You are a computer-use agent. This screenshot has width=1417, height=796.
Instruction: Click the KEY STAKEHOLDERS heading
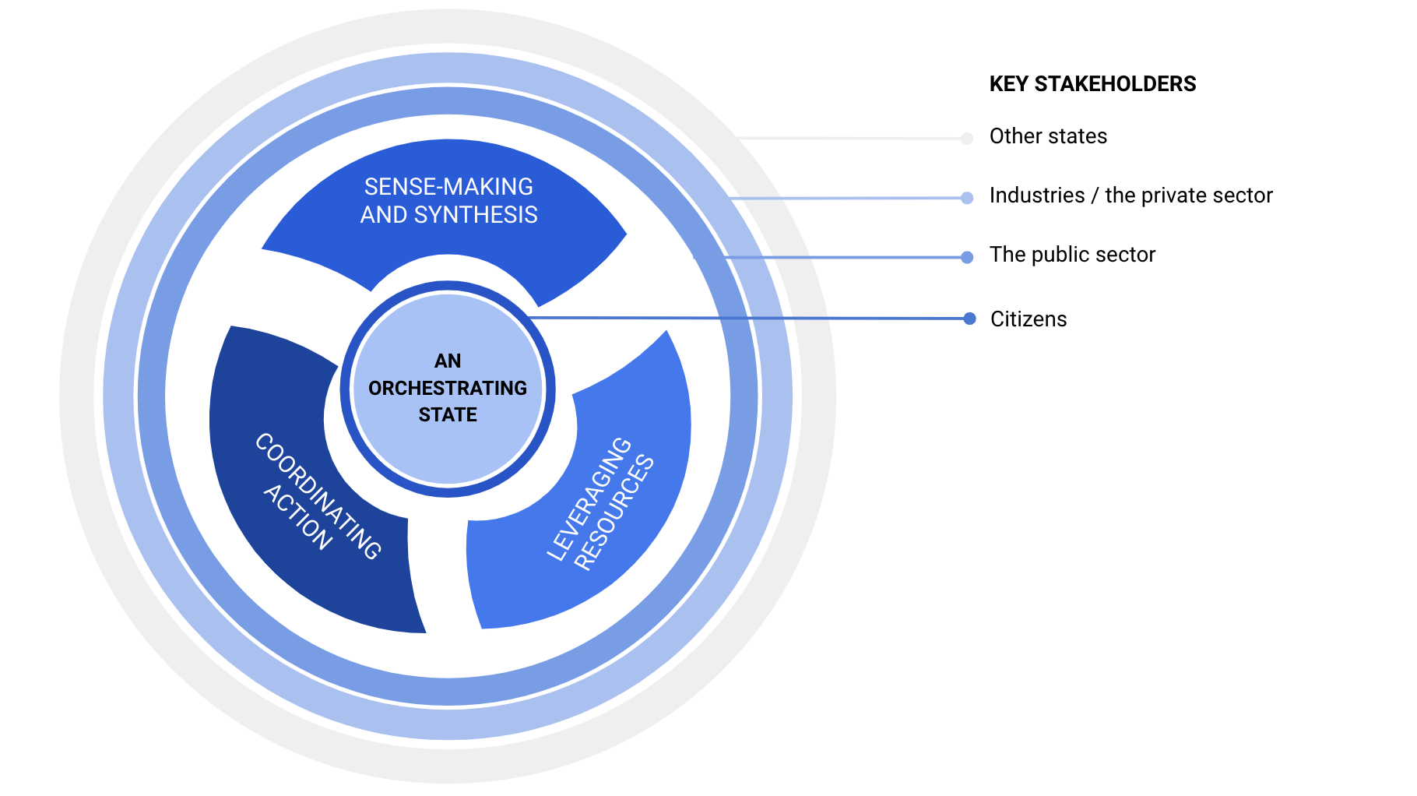click(x=1092, y=84)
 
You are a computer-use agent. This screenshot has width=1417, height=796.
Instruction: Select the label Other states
click(x=1048, y=136)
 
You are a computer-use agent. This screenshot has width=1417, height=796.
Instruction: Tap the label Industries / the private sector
click(x=1130, y=195)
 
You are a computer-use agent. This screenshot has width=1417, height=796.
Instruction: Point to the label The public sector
click(x=1072, y=255)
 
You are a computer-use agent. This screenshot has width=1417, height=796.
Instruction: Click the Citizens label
click(x=1028, y=319)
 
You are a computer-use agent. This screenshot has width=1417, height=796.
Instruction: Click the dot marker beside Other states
click(x=967, y=139)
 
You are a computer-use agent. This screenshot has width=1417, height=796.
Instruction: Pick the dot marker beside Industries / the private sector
click(x=967, y=198)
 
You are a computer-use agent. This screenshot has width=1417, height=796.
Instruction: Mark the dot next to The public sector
click(x=967, y=257)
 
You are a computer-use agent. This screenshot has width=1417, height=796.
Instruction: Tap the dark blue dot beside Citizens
click(x=969, y=319)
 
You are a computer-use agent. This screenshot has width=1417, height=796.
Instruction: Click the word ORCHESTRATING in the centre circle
click(x=448, y=388)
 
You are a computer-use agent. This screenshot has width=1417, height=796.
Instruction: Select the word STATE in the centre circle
click(x=448, y=415)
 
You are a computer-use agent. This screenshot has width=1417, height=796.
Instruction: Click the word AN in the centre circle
click(x=448, y=361)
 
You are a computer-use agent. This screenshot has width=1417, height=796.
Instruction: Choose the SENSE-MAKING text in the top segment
click(x=448, y=187)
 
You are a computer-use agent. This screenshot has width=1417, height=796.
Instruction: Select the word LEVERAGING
click(x=589, y=498)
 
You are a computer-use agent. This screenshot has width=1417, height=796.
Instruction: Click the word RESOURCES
click(x=614, y=513)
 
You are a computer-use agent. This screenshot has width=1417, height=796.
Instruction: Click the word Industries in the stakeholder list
click(x=1036, y=195)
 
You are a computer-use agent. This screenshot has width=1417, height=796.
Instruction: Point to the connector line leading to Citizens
click(x=747, y=318)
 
